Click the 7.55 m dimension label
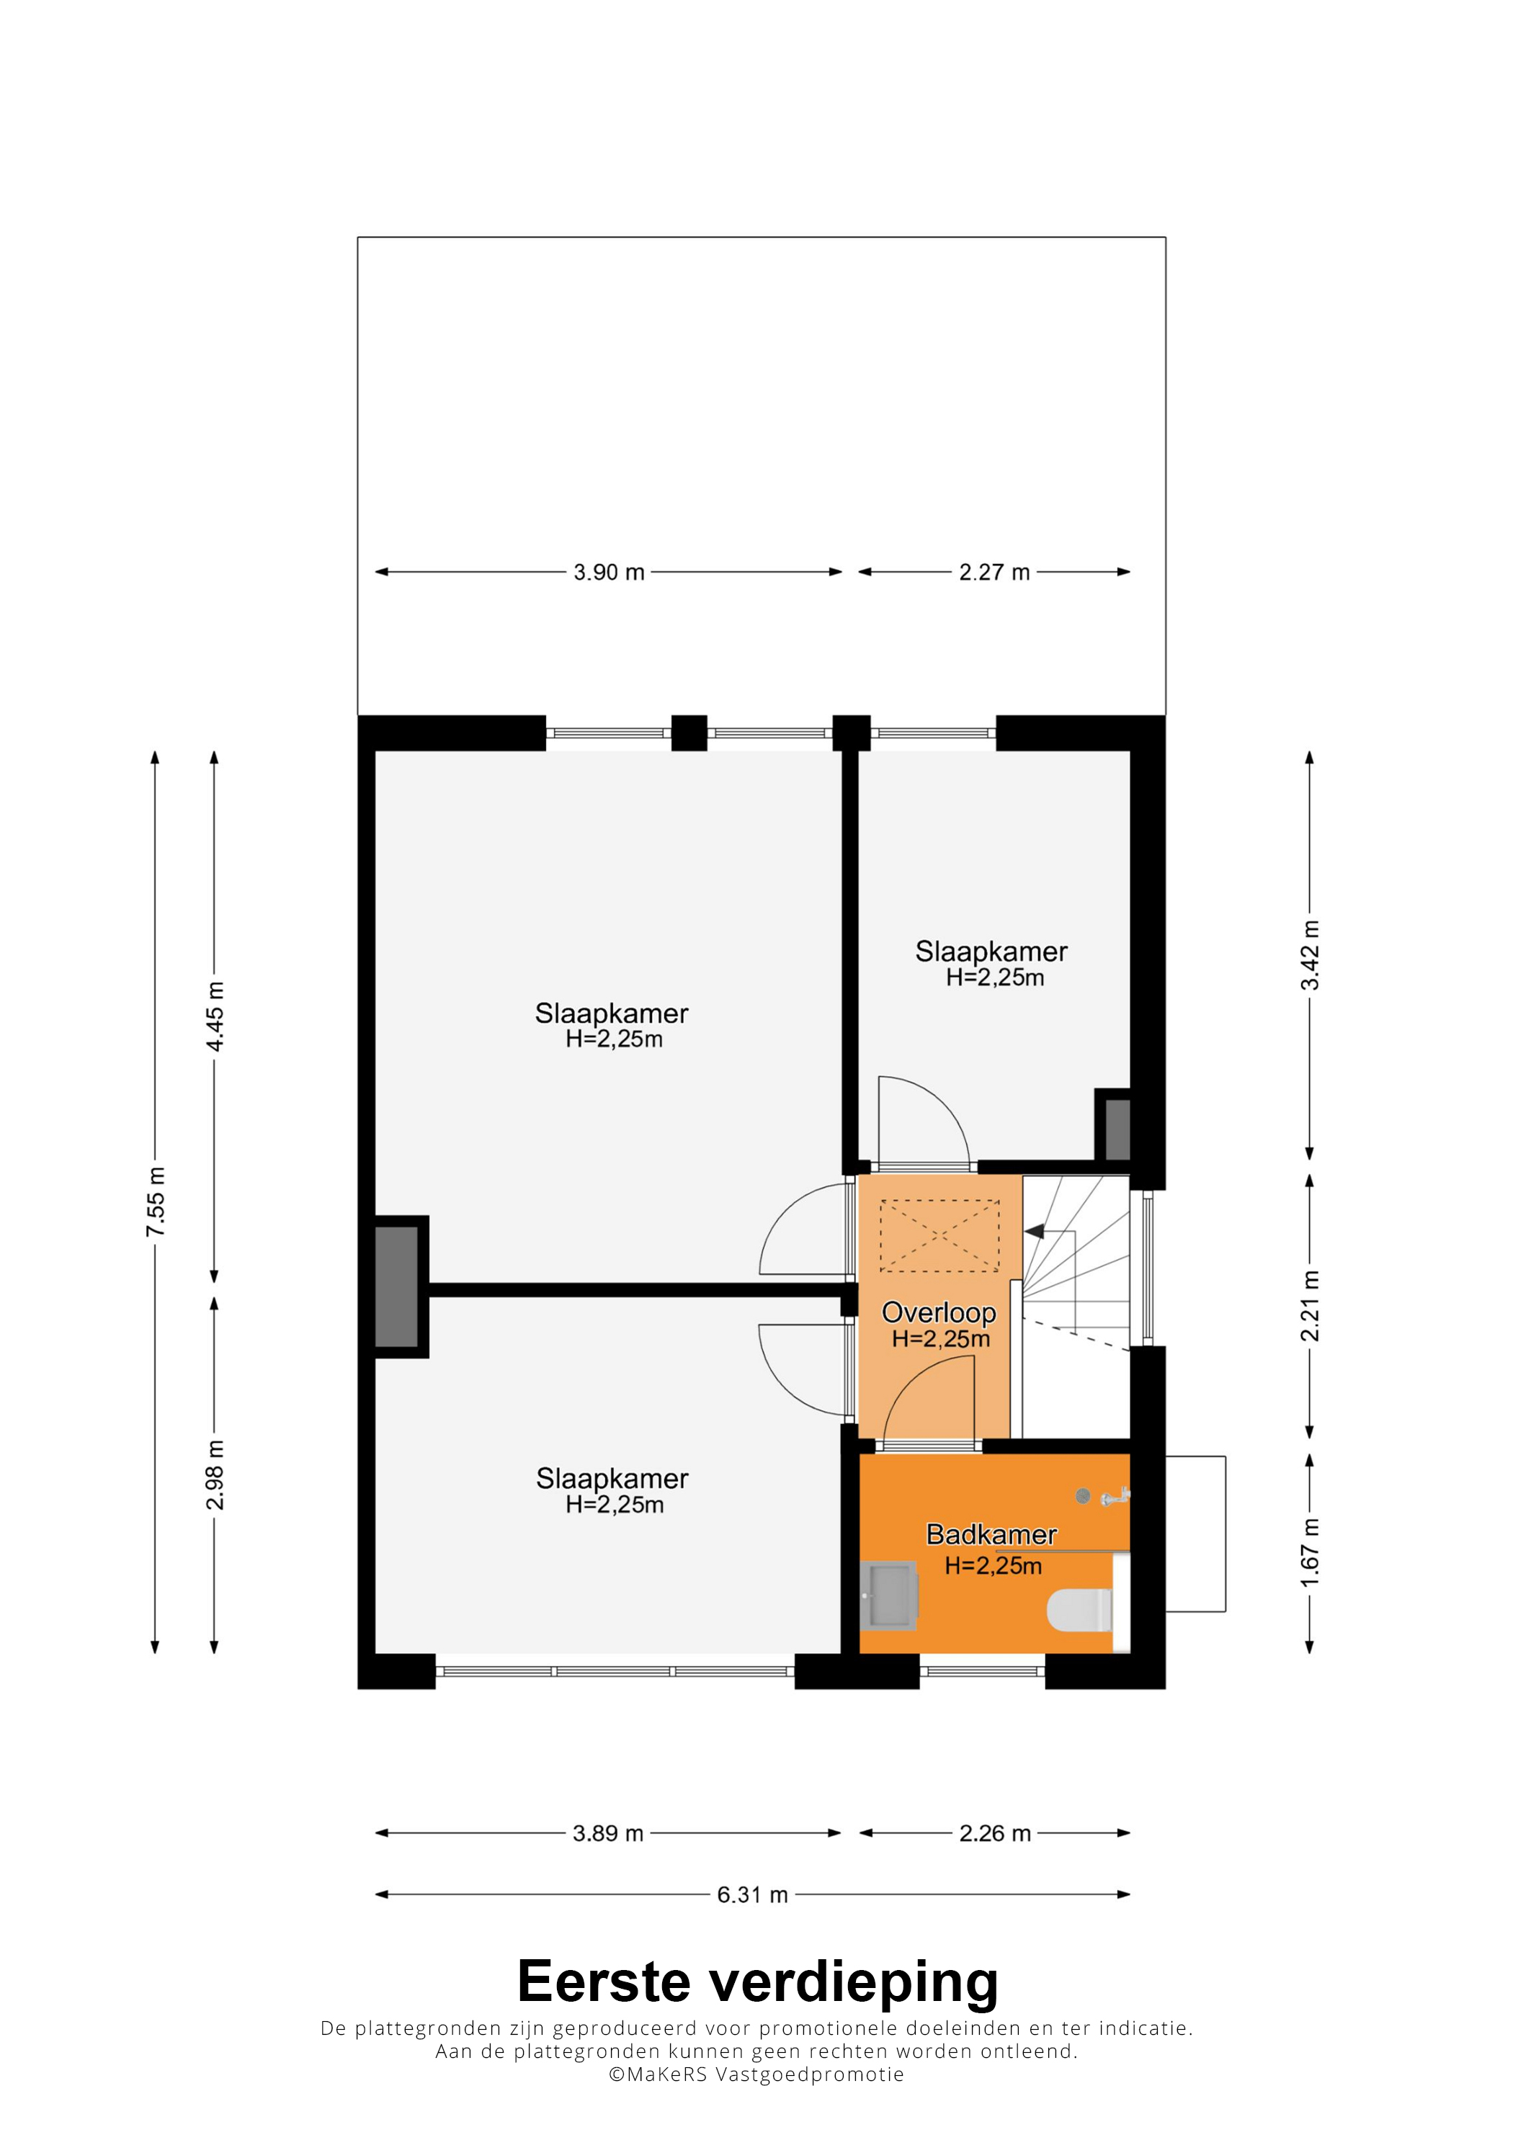(x=155, y=1201)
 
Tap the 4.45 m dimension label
(x=215, y=1016)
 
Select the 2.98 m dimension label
(x=215, y=1474)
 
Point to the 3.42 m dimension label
(x=1310, y=955)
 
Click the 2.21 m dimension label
(x=1310, y=1306)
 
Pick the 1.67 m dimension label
(x=1310, y=1552)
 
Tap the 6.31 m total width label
(x=752, y=1895)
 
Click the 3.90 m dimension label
(x=609, y=573)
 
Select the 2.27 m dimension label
(x=995, y=573)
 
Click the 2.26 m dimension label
(x=995, y=1833)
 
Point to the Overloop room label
(x=939, y=1312)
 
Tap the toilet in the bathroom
(x=1079, y=1610)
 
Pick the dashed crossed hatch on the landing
(x=940, y=1236)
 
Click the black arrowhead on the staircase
(x=1034, y=1232)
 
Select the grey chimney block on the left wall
(x=396, y=1287)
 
